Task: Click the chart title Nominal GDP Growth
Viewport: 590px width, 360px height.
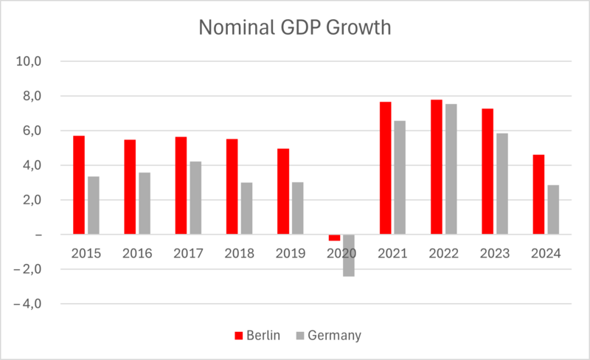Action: click(295, 27)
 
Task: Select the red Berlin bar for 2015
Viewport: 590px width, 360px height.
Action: click(79, 185)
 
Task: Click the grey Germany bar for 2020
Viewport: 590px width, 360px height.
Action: click(348, 255)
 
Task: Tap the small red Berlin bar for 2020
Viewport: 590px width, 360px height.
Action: click(334, 238)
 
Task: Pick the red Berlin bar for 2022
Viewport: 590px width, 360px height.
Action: click(437, 167)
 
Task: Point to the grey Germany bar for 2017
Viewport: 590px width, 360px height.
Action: click(195, 198)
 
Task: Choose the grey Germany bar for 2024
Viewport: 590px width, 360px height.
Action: click(553, 210)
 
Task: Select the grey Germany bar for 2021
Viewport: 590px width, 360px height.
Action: click(400, 178)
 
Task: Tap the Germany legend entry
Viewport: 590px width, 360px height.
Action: click(329, 336)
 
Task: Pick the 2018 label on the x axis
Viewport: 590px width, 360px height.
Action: click(239, 254)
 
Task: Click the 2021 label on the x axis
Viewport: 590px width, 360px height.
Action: click(392, 254)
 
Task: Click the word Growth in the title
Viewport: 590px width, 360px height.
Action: click(355, 27)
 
